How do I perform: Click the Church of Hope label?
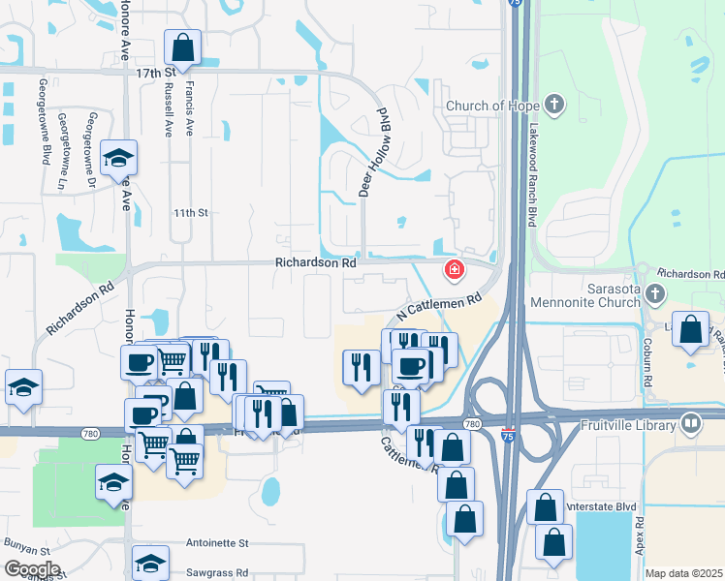click(x=491, y=106)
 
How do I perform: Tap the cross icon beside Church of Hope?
click(x=554, y=105)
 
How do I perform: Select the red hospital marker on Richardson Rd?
click(x=452, y=270)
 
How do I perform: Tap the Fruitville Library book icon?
click(x=691, y=422)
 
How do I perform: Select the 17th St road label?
click(x=154, y=73)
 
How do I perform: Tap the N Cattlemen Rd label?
click(x=439, y=311)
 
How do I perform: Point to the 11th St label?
click(x=191, y=212)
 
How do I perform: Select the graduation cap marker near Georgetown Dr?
click(x=118, y=158)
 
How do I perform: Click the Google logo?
click(x=32, y=569)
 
